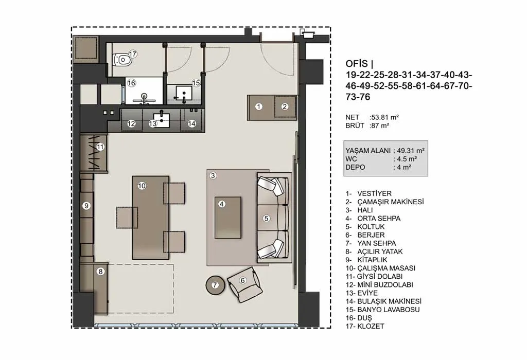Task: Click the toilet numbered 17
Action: [121, 60]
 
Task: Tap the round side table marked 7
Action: [215, 285]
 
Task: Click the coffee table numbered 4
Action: [228, 218]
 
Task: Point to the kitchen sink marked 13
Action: [162, 120]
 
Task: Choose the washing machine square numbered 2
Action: [285, 106]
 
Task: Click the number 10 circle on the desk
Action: [142, 186]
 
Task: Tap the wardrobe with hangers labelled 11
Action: [94, 153]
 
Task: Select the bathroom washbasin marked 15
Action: [184, 94]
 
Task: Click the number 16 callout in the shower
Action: [131, 83]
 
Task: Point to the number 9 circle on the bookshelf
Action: [86, 206]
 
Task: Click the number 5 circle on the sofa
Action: [267, 218]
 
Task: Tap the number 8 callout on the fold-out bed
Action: [100, 272]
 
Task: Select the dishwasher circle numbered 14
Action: [192, 123]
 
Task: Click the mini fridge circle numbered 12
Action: [131, 123]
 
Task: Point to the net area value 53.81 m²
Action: [385, 117]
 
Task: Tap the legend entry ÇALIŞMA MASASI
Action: [386, 268]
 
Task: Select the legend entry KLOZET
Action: [371, 326]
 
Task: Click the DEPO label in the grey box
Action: [355, 167]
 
